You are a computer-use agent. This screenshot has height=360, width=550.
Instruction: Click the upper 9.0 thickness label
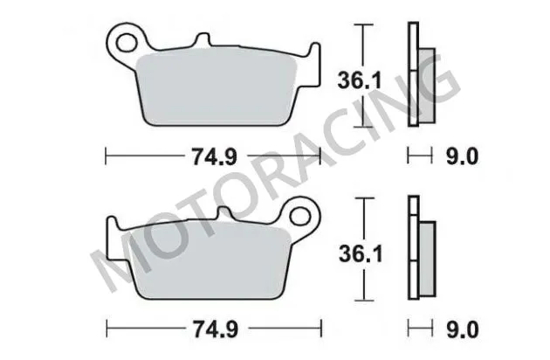tap(463, 157)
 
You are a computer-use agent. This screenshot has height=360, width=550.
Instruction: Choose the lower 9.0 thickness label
tap(463, 329)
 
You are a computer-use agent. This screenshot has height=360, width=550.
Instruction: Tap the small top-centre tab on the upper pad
tap(203, 40)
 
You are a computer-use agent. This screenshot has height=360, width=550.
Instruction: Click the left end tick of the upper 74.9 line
tap(107, 157)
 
